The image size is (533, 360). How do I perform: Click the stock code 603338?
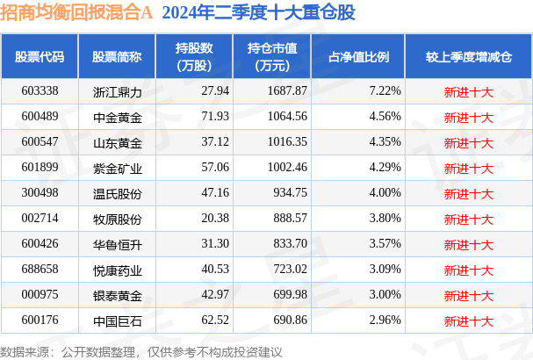(x=40, y=90)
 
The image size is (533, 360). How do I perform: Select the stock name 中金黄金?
(x=118, y=118)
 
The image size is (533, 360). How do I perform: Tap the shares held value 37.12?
(x=215, y=141)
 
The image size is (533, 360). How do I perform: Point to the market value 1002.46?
(x=287, y=167)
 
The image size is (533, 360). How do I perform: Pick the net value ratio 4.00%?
(x=385, y=193)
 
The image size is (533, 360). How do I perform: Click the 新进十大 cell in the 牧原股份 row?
(x=468, y=220)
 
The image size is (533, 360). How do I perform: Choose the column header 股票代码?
(x=40, y=57)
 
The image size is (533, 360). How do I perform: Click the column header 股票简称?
(x=117, y=57)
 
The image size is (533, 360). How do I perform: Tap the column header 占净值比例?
(x=358, y=57)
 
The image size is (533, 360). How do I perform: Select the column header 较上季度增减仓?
(x=469, y=57)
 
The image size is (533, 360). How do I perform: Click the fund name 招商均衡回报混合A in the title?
(x=76, y=12)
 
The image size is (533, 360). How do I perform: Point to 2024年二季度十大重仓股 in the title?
(x=259, y=12)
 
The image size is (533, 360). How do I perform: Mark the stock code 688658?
(x=40, y=269)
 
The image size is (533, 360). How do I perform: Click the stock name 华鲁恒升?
(x=118, y=245)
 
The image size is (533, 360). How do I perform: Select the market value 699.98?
(x=291, y=294)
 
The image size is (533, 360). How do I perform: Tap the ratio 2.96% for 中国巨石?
(x=385, y=320)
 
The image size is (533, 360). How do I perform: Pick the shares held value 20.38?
(x=215, y=218)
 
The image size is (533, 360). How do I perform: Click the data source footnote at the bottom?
(x=141, y=352)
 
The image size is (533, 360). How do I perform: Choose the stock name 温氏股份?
(x=118, y=194)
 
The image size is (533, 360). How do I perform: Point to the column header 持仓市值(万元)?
(x=272, y=57)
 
